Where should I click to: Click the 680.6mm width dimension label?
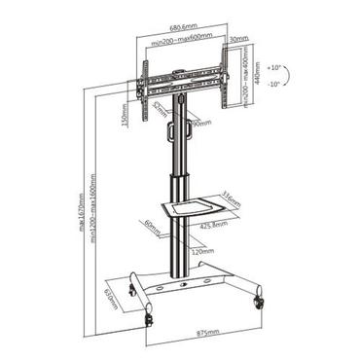[x=183, y=28]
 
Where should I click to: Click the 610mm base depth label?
[x=111, y=302]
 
